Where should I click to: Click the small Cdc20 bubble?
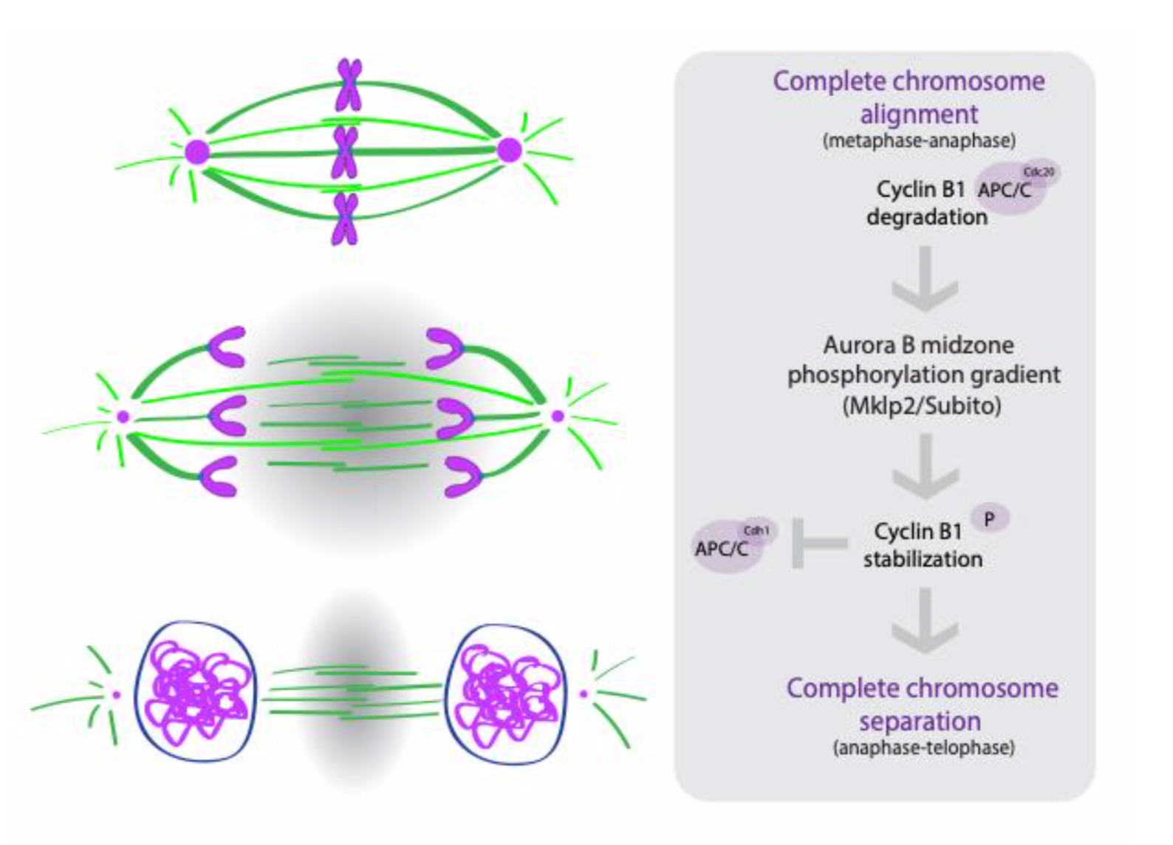click(x=1039, y=172)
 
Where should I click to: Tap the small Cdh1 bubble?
click(x=756, y=530)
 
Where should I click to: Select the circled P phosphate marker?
click(x=989, y=519)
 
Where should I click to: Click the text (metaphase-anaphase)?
click(x=919, y=140)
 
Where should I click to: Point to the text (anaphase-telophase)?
click(x=923, y=747)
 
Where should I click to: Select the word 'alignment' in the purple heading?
click(x=919, y=114)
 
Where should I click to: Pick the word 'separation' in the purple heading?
click(x=920, y=721)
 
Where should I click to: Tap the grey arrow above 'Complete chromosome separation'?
click(x=924, y=621)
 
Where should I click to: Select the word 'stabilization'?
click(x=923, y=559)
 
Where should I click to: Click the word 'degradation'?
click(x=926, y=217)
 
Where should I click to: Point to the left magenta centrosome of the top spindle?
click(x=197, y=152)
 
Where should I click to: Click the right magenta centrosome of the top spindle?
click(x=509, y=150)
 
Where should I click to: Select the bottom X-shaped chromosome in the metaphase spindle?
click(x=345, y=219)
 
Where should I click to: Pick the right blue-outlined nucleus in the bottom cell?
click(x=507, y=694)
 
